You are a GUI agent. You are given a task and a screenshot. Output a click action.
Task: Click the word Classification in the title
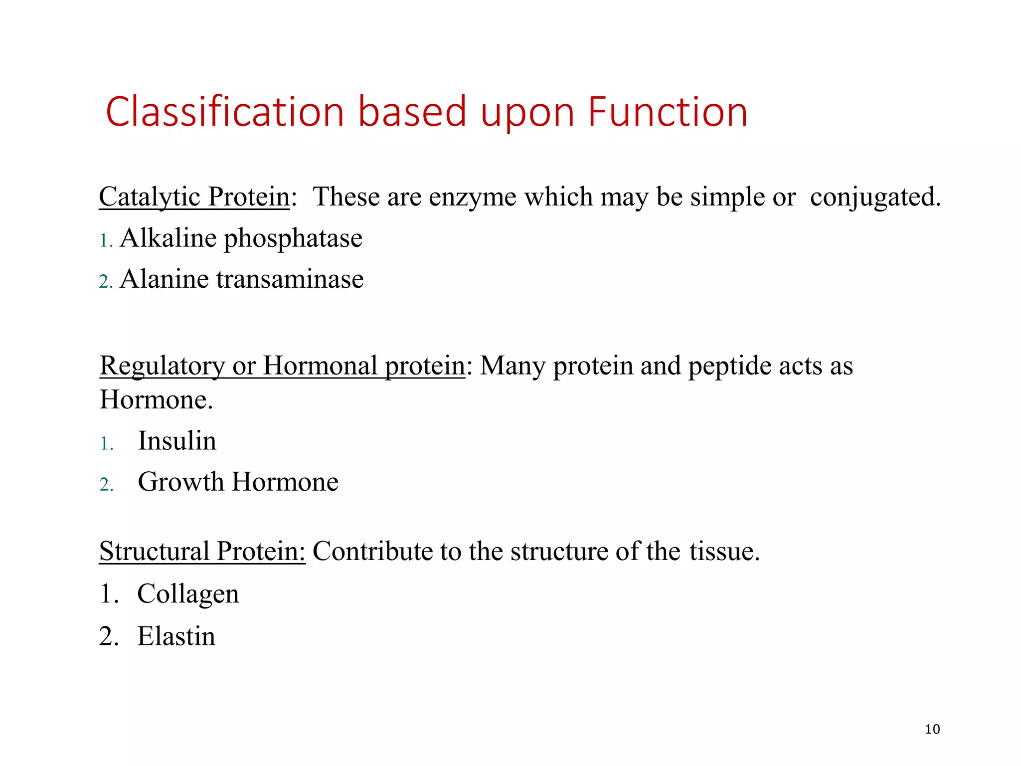click(225, 112)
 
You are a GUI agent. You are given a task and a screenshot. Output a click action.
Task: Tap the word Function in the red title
click(668, 112)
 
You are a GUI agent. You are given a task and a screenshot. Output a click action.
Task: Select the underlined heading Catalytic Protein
click(194, 196)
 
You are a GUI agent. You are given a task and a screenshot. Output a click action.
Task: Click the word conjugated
click(875, 196)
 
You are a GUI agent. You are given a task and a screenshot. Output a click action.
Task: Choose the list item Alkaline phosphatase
click(241, 238)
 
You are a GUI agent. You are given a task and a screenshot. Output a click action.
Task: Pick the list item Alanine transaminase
click(241, 279)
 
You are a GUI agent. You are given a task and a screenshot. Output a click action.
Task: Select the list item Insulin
click(177, 441)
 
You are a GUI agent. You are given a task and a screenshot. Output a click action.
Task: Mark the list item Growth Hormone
click(238, 482)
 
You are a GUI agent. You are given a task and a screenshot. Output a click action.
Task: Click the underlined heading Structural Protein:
click(202, 552)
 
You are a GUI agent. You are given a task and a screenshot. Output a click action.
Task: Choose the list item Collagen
click(188, 594)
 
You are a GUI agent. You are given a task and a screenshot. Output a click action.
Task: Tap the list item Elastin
click(176, 636)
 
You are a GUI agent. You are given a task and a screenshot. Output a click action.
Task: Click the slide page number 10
click(932, 730)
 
